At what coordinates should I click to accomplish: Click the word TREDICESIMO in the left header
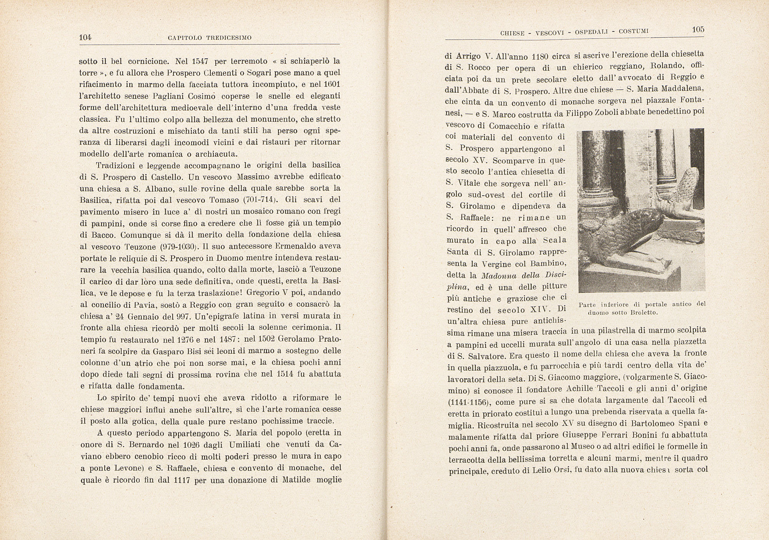pos(229,38)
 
